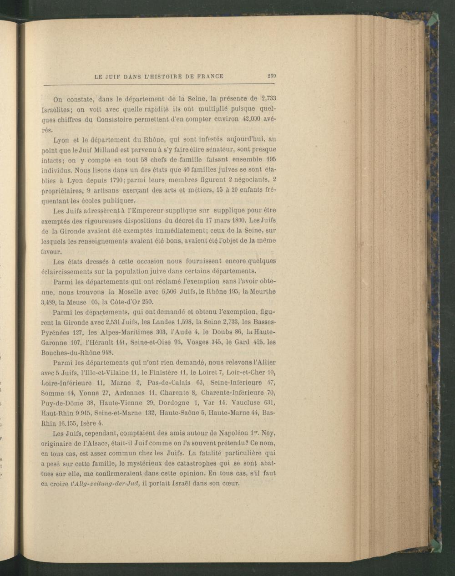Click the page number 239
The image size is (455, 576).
click(273, 76)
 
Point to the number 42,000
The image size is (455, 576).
click(251, 119)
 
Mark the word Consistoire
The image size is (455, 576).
click(119, 119)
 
